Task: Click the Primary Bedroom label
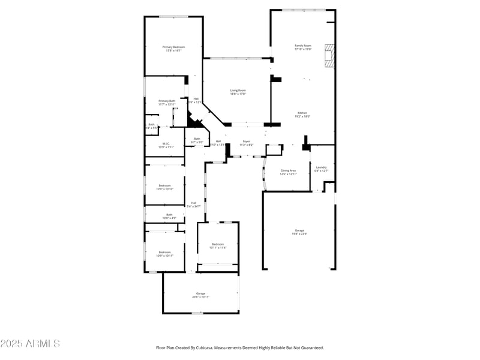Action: [173, 49]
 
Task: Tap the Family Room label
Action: [303, 47]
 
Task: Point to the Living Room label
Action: [238, 92]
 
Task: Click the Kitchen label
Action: [303, 115]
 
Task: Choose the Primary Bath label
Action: [167, 103]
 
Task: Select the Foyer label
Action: [247, 143]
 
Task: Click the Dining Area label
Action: [288, 172]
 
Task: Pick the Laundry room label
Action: [322, 169]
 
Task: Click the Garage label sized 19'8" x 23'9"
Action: [299, 232]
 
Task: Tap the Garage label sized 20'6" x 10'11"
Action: [200, 295]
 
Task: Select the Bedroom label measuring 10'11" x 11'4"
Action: [217, 245]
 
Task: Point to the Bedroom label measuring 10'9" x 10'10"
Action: [165, 187]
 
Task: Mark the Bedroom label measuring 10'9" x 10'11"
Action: [165, 254]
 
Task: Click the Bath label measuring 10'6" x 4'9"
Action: [169, 216]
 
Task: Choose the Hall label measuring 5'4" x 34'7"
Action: [194, 204]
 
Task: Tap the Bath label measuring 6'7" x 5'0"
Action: [197, 140]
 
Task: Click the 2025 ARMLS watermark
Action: [30, 344]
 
